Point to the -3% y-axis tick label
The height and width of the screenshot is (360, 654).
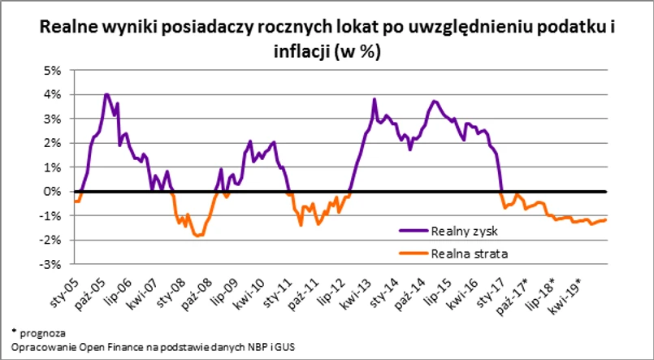tap(52, 264)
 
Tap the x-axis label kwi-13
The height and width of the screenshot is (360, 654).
tap(358, 289)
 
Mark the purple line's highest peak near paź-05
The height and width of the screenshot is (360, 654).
tap(106, 94)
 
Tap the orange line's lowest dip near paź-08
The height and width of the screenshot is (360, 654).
tap(198, 236)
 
